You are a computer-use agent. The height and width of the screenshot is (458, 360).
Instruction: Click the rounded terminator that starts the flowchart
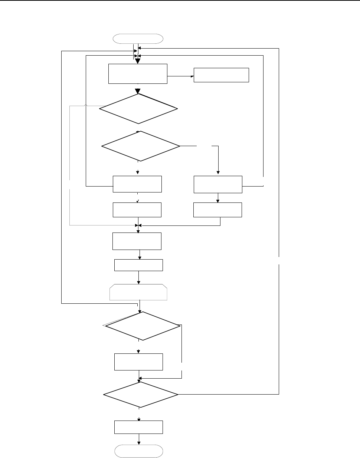pyautogui.click(x=138, y=39)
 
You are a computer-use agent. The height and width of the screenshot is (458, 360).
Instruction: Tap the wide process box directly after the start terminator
pyautogui.click(x=138, y=73)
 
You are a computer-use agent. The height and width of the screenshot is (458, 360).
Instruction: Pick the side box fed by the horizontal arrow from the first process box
pyautogui.click(x=221, y=75)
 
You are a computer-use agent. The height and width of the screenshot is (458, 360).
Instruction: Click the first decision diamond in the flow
pyautogui.click(x=138, y=108)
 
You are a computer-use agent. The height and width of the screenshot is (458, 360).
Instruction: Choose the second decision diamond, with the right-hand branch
pyautogui.click(x=141, y=146)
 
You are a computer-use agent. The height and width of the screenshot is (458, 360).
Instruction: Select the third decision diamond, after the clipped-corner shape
pyautogui.click(x=141, y=326)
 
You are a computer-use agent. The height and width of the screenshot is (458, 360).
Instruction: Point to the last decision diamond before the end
pyautogui.click(x=140, y=395)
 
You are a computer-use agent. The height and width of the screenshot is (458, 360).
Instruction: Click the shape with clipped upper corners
pyautogui.click(x=138, y=292)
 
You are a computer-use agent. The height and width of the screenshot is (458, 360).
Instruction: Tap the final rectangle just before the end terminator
pyautogui.click(x=138, y=427)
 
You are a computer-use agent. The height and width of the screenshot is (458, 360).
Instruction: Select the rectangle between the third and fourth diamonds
pyautogui.click(x=138, y=362)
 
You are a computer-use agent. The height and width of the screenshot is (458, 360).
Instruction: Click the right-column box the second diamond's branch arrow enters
pyautogui.click(x=218, y=184)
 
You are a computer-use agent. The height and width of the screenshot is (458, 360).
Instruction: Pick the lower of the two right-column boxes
pyautogui.click(x=218, y=210)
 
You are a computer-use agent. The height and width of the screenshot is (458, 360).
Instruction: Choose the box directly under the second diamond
pyautogui.click(x=137, y=184)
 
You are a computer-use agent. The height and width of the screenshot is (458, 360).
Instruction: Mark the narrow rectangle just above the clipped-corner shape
pyautogui.click(x=138, y=265)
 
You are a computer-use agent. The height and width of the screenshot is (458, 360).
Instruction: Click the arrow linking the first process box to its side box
pyautogui.click(x=181, y=76)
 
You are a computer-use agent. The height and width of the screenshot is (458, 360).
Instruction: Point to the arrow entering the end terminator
pyautogui.click(x=139, y=439)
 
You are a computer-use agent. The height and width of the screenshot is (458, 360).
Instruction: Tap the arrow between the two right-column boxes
pyautogui.click(x=218, y=198)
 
